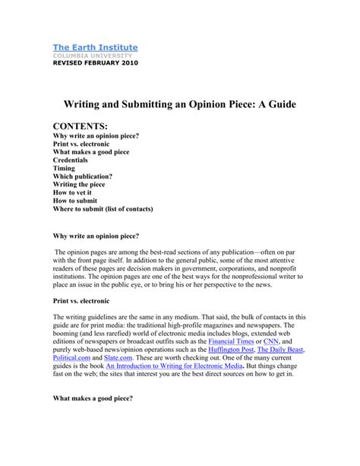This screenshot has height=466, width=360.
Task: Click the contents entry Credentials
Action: tap(71, 161)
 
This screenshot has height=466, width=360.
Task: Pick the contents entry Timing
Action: tap(63, 170)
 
